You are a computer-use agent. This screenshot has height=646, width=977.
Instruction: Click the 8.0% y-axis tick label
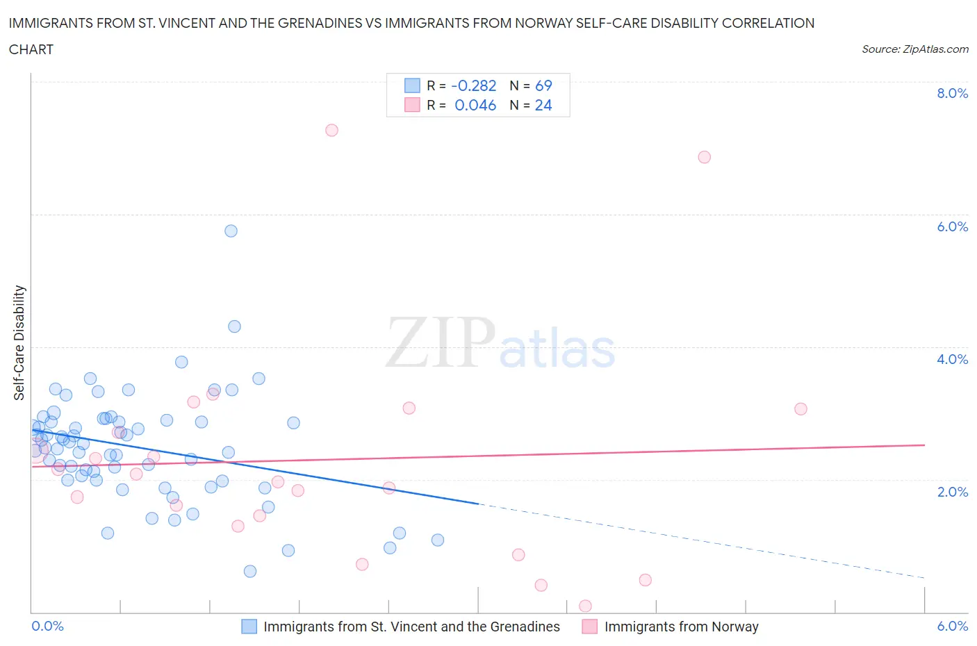(x=952, y=93)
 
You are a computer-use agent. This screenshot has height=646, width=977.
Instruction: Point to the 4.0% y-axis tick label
(x=952, y=359)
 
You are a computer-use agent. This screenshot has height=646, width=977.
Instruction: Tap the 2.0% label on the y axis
(x=952, y=492)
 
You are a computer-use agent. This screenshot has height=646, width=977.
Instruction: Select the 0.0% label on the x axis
(x=47, y=626)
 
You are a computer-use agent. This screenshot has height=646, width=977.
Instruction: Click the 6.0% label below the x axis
(x=952, y=626)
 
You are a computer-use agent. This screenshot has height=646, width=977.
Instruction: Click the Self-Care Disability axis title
(x=19, y=343)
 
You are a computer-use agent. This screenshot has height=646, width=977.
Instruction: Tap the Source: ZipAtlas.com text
(x=914, y=49)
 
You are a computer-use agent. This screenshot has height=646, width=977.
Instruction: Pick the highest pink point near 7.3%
(x=331, y=131)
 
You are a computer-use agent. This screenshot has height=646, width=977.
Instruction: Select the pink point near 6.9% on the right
(x=704, y=157)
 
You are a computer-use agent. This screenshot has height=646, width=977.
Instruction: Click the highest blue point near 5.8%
(x=231, y=231)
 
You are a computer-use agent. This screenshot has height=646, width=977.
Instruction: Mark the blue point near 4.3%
(x=234, y=326)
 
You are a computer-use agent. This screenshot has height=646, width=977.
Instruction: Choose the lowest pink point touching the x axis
(x=585, y=606)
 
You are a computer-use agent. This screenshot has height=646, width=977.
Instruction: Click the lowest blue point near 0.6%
(x=250, y=571)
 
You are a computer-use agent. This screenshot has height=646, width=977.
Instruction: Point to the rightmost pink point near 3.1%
(x=801, y=408)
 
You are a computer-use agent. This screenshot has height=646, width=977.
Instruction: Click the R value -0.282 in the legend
(x=473, y=85)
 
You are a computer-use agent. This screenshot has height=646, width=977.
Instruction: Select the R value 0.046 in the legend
(x=475, y=105)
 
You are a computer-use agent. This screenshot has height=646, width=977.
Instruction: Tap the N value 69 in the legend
(x=543, y=85)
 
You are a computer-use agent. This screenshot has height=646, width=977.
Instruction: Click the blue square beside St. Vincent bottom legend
(x=249, y=627)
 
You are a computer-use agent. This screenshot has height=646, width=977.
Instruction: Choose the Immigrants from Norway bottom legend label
(x=681, y=627)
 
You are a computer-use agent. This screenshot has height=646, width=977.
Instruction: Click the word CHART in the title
(x=31, y=49)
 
